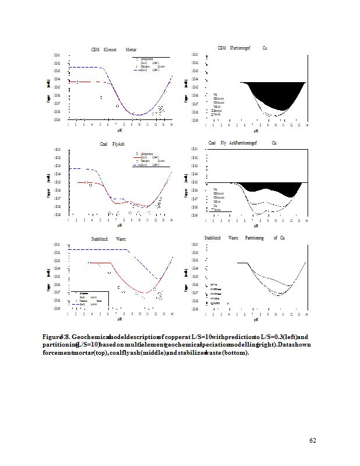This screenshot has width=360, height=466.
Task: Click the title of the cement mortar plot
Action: pos(114,51)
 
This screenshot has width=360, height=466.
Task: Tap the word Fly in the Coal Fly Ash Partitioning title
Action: pos(224,143)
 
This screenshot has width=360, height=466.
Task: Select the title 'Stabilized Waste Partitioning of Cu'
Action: pos(244,238)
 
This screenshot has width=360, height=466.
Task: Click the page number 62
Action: pos(312,440)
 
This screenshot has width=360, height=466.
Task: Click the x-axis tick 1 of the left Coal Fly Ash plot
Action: pos(69,220)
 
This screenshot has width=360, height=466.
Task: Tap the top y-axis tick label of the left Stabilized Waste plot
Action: pos(57,245)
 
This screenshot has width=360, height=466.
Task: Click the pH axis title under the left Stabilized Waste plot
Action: pos(120,319)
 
